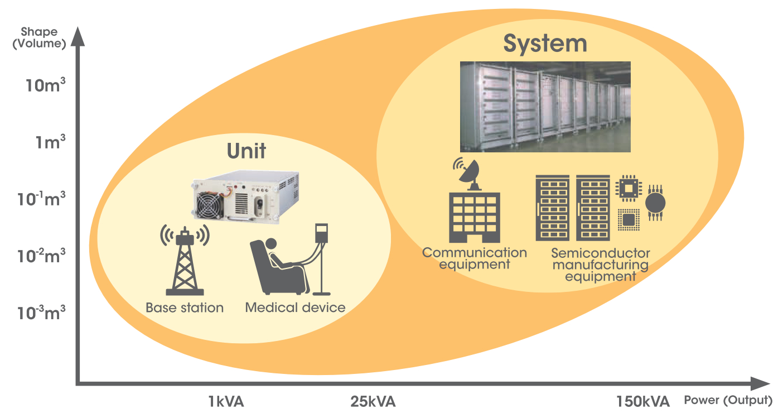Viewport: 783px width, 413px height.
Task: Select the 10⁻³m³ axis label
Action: click(42, 313)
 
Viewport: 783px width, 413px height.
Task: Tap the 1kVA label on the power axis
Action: click(226, 402)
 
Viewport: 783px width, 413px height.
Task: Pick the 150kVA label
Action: click(642, 402)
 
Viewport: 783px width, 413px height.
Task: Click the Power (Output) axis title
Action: click(728, 400)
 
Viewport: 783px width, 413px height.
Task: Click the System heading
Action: click(545, 44)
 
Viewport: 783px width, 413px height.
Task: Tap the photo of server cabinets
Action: click(545, 107)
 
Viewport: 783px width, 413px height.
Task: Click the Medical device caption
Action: click(295, 308)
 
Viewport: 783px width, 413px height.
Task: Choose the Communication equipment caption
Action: click(474, 258)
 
